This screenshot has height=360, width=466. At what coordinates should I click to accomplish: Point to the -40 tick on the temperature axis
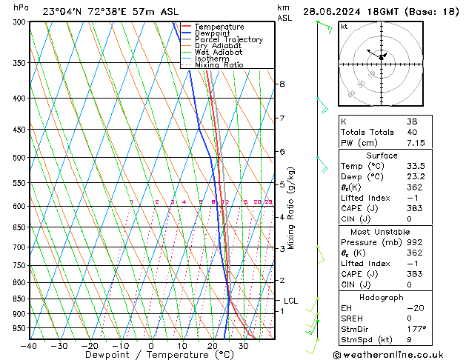tap(28, 346)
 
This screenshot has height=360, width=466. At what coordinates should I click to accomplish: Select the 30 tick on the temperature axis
tap(243, 346)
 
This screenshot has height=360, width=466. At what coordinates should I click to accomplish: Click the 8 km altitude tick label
tap(282, 84)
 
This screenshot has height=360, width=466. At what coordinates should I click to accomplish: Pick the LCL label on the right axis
tap(291, 301)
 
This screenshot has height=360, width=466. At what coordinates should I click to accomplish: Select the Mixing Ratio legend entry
tap(219, 65)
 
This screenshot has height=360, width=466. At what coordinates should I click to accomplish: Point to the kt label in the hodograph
tap(344, 27)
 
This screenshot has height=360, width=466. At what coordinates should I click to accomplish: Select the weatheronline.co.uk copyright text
tap(399, 354)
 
